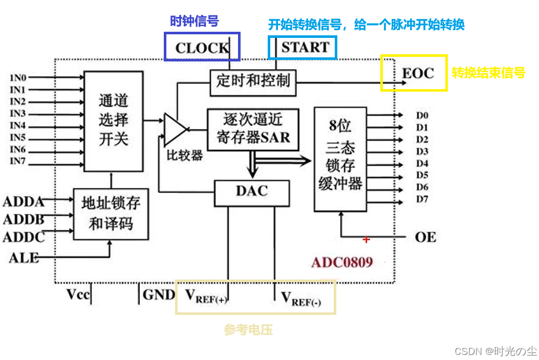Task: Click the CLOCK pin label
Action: (202, 48)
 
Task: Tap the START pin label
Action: (305, 47)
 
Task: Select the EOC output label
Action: (418, 73)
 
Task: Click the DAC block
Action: (252, 192)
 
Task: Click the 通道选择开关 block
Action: (113, 121)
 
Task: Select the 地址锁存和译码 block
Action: (111, 214)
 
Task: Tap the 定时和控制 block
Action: (253, 81)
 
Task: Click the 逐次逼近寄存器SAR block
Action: (253, 129)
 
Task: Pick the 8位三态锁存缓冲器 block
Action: (340, 159)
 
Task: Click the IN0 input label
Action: (18, 77)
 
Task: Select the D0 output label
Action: (422, 115)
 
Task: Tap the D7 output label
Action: (422, 199)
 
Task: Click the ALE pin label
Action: (24, 258)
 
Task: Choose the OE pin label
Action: (425, 237)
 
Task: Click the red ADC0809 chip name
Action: (342, 262)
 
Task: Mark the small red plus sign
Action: (366, 239)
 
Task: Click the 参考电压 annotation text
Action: (248, 330)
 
